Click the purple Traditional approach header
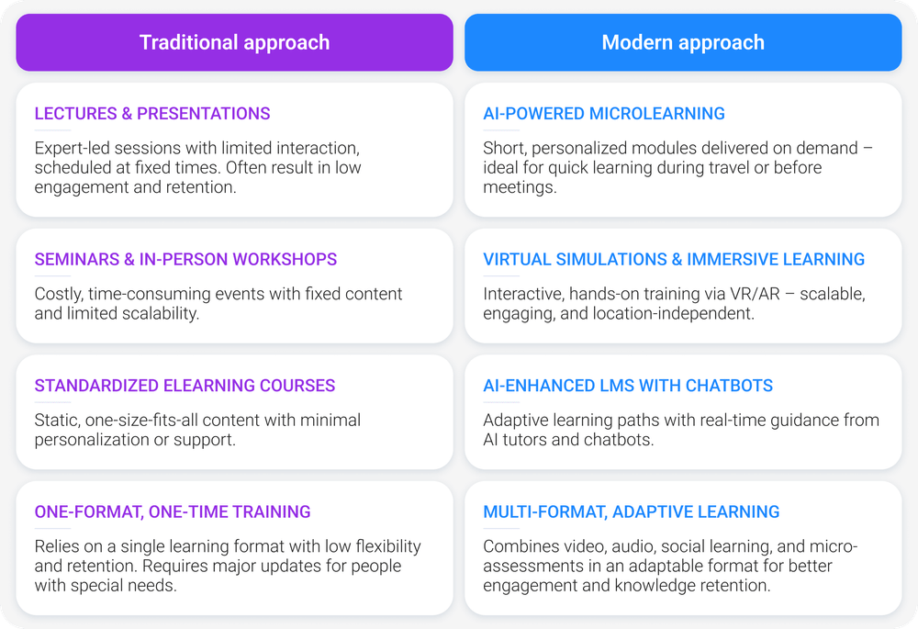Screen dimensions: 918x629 pos(234,43)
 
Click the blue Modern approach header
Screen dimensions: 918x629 pos(683,43)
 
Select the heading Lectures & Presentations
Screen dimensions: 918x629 pos(152,114)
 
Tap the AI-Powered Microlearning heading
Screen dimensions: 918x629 pos(604,114)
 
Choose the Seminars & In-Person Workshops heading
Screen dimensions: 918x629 pos(185,260)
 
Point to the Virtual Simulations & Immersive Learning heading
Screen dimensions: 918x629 pos(674,260)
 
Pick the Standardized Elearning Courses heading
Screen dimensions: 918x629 pos(185,386)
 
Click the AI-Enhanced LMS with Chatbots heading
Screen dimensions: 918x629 pos(628,386)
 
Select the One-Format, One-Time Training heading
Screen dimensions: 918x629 pos(173,511)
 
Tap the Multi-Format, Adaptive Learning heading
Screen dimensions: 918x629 pos(632,511)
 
